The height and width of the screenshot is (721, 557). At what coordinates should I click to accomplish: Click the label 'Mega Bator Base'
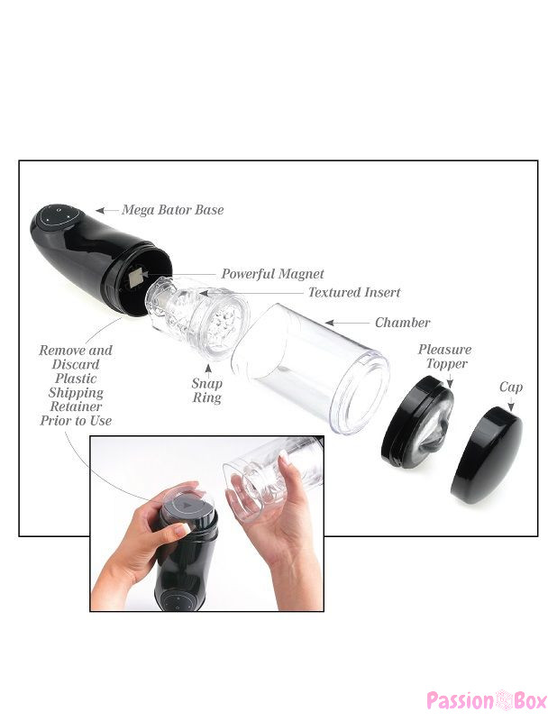coord(172,210)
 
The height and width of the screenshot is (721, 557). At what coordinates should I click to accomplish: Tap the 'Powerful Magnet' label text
coord(272,274)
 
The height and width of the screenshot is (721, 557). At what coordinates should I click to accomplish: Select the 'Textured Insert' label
coord(354,292)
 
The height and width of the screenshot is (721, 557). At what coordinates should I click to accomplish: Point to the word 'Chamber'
coord(403,323)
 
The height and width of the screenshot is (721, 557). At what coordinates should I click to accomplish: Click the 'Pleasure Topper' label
coord(444,356)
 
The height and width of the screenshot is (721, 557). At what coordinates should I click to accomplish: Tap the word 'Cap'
coord(511,388)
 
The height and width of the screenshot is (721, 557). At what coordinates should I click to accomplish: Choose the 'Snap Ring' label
coord(207,390)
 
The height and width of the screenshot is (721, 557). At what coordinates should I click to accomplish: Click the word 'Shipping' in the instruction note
coord(76,393)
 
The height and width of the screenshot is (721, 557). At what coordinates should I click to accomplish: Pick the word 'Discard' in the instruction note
coord(76,364)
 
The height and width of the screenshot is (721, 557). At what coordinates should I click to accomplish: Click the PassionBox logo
coord(487,700)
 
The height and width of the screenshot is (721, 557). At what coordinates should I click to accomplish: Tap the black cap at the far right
coord(487,455)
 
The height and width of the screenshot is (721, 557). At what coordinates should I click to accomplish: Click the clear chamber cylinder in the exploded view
coord(310,369)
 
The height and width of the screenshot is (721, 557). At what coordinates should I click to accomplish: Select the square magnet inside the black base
coord(136,278)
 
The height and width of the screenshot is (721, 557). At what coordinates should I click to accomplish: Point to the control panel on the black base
coord(59,215)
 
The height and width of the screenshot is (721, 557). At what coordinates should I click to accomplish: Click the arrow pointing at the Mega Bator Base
coord(106,211)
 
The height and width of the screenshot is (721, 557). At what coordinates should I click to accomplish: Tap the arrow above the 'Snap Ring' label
coord(208,370)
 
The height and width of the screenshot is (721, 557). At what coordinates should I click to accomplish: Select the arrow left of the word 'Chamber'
coord(347,323)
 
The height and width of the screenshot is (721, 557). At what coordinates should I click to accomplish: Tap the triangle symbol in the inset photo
coord(186,506)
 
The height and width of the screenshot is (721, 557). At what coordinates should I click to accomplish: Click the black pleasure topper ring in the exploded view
coord(416,422)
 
